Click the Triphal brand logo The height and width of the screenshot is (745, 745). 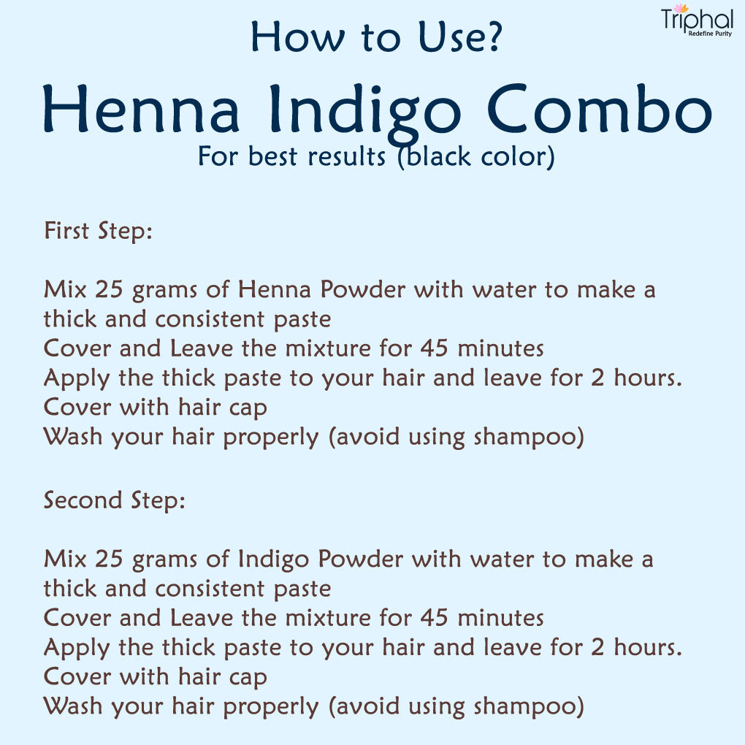697,20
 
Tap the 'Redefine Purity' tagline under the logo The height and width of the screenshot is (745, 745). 711,34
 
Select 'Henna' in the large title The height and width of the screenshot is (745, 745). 141,109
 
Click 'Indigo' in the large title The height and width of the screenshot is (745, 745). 365,115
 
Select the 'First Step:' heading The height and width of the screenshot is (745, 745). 99,232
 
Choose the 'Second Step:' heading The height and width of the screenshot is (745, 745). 115,501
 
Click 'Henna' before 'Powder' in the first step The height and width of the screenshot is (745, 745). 275,289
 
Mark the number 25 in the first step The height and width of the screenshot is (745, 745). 109,289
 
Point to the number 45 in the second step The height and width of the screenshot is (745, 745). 435,618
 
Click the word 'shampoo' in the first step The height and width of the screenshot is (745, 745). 524,437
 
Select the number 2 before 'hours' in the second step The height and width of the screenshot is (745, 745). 597,647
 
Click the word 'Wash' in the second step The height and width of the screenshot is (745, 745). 73,706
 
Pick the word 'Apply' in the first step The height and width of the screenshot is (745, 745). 77,379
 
